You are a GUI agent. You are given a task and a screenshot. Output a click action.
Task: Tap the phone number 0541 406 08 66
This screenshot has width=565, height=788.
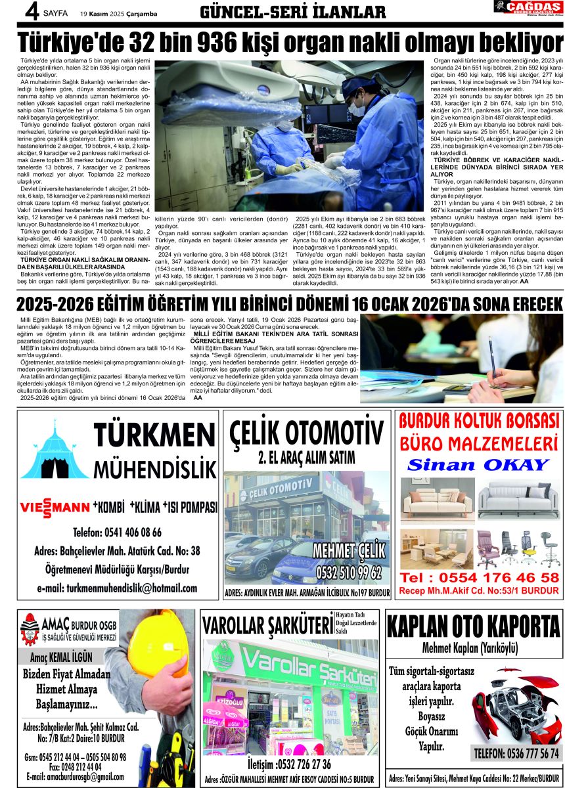pos(117,532)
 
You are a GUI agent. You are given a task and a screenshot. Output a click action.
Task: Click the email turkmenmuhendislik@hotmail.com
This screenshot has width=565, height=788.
pos(117,588)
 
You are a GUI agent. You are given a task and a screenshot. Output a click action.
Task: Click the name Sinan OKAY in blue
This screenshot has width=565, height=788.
pos(478,465)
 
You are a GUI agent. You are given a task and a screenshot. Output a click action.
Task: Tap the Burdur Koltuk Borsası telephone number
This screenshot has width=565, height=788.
pos(480,577)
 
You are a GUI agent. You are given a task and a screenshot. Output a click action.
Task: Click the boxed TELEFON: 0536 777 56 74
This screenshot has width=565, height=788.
pos(516,753)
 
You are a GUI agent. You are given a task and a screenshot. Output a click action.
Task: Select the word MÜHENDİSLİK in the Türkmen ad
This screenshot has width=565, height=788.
pos(155,469)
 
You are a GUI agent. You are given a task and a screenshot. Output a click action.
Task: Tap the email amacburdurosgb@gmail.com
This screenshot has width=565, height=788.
pos(75,776)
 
